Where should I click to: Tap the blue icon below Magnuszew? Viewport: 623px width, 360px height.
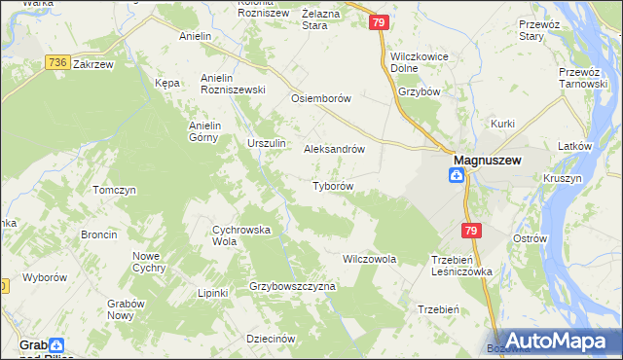(456, 175)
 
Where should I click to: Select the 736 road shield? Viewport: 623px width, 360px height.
(56, 62)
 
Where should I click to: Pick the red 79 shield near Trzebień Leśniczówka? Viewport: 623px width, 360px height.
(471, 231)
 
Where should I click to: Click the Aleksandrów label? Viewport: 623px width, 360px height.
(334, 150)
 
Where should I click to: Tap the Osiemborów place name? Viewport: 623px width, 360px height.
(320, 99)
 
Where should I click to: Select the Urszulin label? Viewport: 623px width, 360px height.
(266, 144)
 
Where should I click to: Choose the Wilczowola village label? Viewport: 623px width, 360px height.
(369, 260)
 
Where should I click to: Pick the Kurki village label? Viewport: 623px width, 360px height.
(502, 124)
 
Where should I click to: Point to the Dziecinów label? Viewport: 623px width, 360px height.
(271, 339)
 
